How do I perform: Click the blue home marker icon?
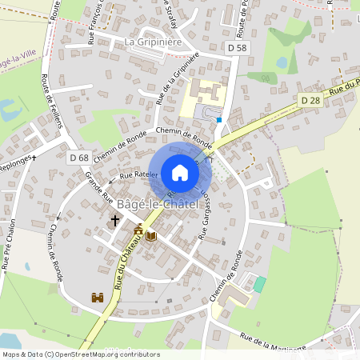pos(180,172)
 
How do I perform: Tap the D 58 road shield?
pos(236,49)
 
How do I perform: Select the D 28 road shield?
pos(310,100)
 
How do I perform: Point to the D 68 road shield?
pos(78,158)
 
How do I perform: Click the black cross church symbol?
pos(114,219)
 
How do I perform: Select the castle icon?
pos(98,297)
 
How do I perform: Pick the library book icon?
pos(151,236)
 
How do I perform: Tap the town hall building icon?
pos(138,232)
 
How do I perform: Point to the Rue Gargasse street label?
pos(204,213)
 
